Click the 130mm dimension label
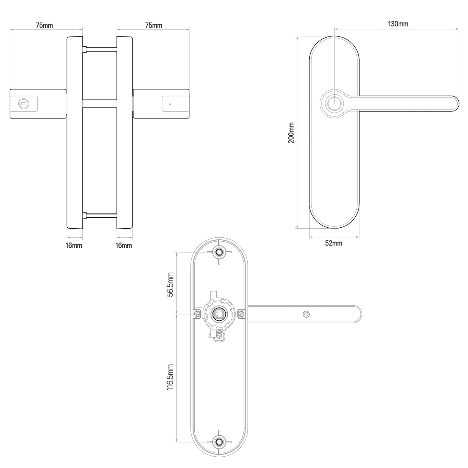click(398, 24)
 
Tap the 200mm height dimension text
click(291, 133)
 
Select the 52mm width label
click(334, 243)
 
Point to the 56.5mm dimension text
click(171, 284)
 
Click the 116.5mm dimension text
click(171, 377)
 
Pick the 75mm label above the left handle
click(44, 25)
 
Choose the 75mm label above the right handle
click(154, 25)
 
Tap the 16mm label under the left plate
click(74, 245)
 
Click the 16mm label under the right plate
click(124, 245)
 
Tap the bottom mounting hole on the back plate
click(219, 441)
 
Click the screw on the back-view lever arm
click(306, 314)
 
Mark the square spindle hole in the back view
click(217, 314)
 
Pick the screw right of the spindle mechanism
click(242, 314)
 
